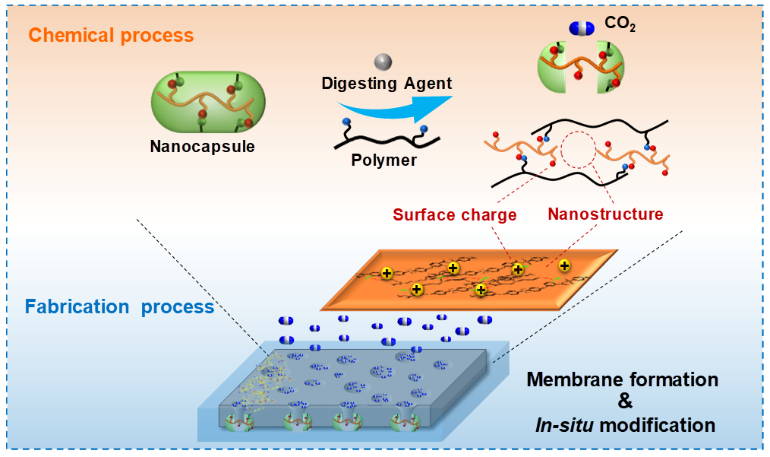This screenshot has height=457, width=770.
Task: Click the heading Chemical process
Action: click(110, 35)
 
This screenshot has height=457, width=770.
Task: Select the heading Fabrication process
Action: click(119, 306)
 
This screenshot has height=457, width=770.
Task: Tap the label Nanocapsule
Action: click(202, 147)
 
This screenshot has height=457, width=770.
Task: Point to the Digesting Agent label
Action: click(387, 83)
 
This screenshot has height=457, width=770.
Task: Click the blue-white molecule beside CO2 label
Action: click(581, 28)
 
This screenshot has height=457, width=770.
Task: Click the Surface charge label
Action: click(455, 214)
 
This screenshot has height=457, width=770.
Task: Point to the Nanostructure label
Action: click(605, 214)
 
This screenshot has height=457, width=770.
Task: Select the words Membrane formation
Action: click(623, 379)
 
